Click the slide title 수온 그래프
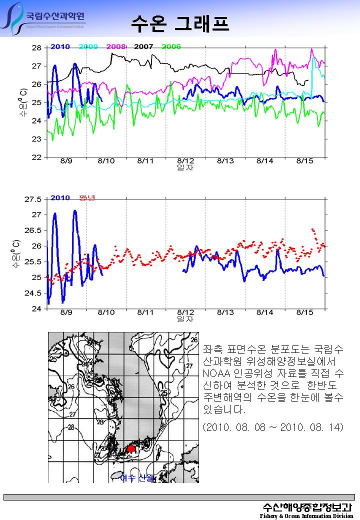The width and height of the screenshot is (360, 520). tap(180, 22)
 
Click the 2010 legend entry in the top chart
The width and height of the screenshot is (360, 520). tap(60, 46)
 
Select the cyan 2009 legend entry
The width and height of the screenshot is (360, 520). tap(88, 46)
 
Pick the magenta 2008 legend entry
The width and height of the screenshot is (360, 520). tap(116, 46)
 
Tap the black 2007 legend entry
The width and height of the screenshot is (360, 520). tap(143, 46)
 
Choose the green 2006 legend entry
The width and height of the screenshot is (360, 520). tap(171, 46)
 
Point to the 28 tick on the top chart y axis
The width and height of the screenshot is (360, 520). tap(36, 48)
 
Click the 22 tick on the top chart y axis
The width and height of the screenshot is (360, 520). tap(36, 157)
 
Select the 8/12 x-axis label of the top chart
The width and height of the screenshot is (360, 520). tap(185, 161)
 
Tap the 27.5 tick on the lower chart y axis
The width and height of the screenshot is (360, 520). tap(33, 199)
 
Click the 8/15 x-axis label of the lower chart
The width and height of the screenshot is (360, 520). tap(305, 312)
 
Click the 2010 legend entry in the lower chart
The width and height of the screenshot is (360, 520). tap(60, 197)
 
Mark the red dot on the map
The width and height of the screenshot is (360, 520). tap(131, 448)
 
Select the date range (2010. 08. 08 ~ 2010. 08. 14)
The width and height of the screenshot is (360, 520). tap(273, 427)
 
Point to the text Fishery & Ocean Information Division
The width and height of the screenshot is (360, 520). tap(306, 516)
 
